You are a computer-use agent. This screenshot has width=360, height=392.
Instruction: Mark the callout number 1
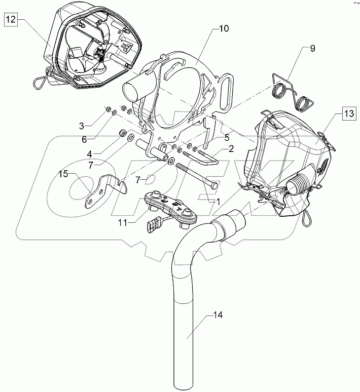pos(219,200)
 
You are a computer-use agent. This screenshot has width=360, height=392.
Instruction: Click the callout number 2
pos(231,149)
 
